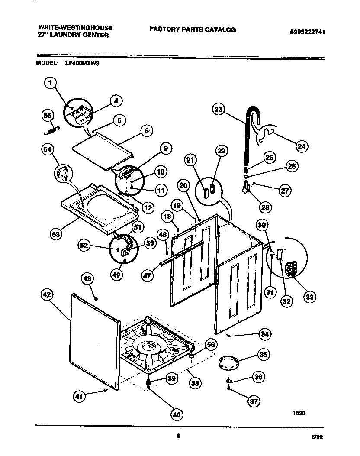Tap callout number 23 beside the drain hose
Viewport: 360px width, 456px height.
point(219,110)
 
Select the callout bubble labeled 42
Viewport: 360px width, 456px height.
point(46,295)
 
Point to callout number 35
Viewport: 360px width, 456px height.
point(263,354)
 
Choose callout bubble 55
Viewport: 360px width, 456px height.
point(48,115)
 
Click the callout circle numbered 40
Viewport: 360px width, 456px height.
point(176,414)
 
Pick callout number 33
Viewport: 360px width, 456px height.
point(309,297)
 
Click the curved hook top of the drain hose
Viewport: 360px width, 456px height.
point(254,112)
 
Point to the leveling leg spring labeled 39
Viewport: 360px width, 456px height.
point(149,382)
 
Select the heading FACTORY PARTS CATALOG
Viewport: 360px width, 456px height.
point(193,29)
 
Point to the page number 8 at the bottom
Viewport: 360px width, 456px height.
point(178,436)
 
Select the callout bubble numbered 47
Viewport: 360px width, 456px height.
point(148,274)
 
